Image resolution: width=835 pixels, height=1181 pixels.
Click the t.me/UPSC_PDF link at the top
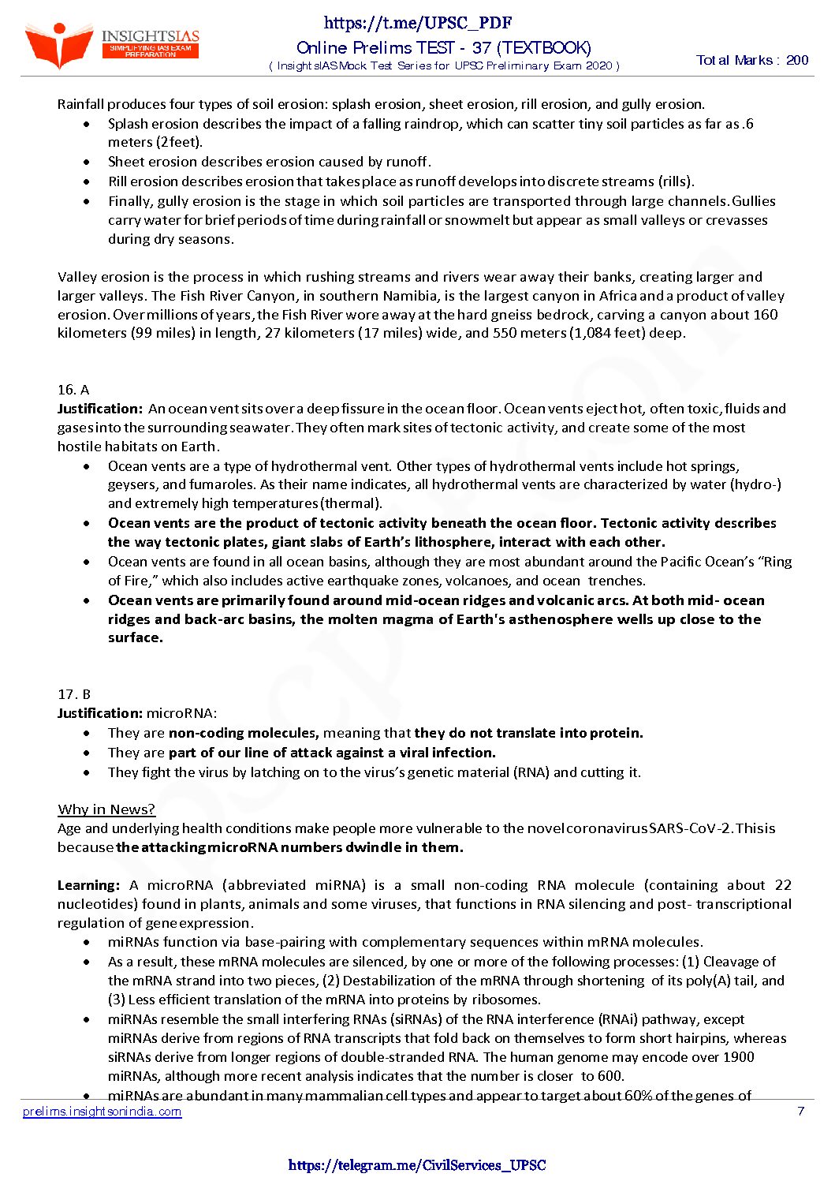click(418, 24)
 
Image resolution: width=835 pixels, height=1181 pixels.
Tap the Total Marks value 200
click(797, 60)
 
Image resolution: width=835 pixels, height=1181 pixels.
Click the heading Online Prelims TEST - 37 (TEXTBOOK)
click(444, 48)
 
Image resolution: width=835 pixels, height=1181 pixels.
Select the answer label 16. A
click(73, 390)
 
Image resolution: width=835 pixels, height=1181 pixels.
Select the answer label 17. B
click(74, 694)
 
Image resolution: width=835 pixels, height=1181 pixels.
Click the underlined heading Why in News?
click(106, 809)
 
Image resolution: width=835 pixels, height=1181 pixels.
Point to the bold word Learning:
click(88, 885)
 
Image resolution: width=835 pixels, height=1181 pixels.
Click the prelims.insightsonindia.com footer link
click(103, 1112)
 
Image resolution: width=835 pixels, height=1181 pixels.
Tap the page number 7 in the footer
click(801, 1112)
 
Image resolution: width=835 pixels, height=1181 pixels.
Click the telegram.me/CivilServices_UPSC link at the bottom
click(417, 1165)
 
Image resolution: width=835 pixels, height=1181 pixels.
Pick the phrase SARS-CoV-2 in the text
click(691, 828)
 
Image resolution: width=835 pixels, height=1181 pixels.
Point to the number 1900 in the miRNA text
click(738, 1057)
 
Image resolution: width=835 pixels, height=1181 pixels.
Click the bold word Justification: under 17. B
click(99, 713)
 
